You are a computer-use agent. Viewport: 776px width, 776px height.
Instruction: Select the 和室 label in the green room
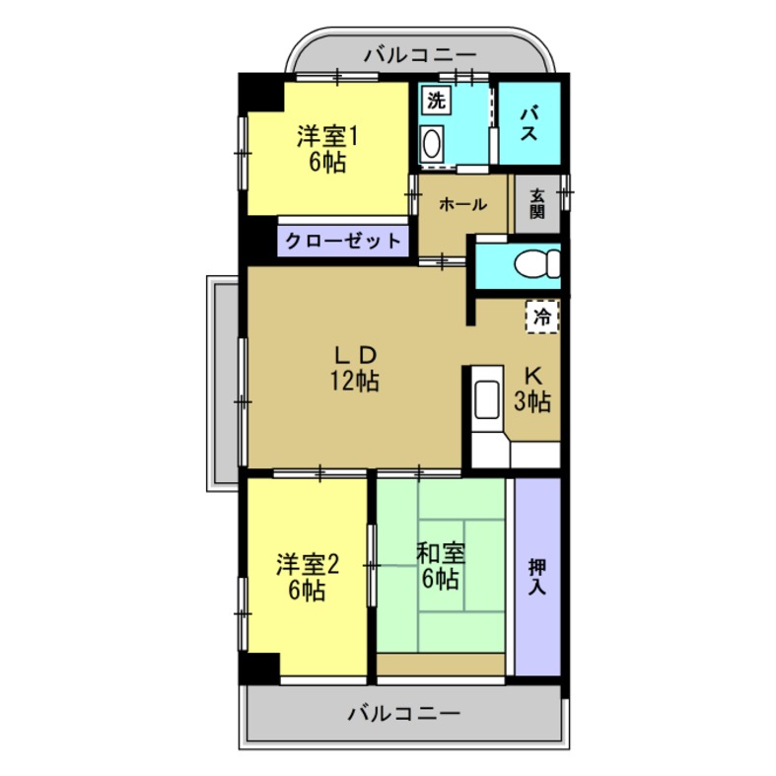[x=441, y=553]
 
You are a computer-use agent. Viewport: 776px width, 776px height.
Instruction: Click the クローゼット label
[x=343, y=240]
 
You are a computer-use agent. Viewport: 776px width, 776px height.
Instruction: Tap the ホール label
[x=461, y=205]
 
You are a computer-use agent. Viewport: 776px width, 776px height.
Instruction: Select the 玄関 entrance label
[x=536, y=204]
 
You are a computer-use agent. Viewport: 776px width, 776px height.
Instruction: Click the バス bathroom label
[x=529, y=123]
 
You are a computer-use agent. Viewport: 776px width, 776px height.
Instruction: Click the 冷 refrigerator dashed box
[x=541, y=317]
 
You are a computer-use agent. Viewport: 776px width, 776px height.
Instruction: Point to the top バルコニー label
[x=419, y=54]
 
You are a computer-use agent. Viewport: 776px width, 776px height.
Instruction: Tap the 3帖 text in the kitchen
[x=532, y=401]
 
